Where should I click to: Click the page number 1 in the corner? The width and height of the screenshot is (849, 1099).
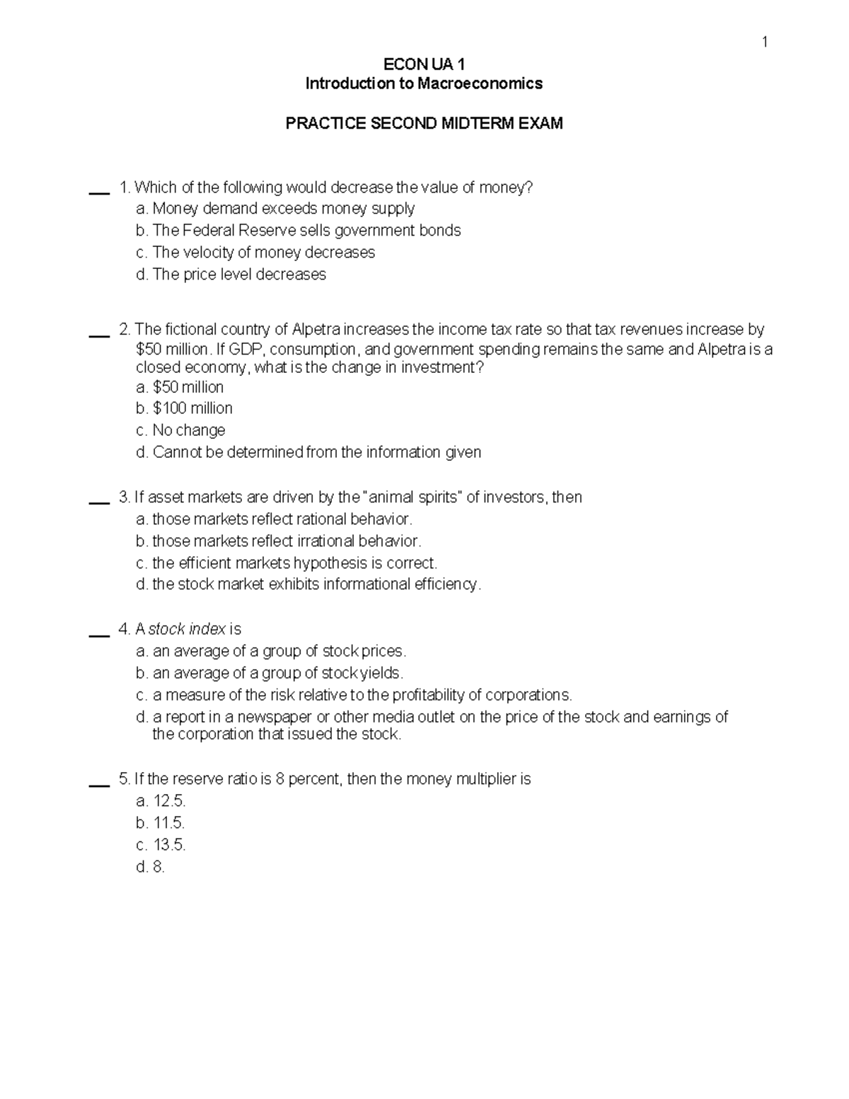click(x=764, y=43)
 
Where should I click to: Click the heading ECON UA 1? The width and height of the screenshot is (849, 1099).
click(x=424, y=65)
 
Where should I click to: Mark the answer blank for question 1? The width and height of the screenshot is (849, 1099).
click(x=98, y=192)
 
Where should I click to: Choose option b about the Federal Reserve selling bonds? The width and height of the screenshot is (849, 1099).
click(x=298, y=231)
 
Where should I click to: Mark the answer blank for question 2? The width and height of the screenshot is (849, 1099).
click(x=98, y=335)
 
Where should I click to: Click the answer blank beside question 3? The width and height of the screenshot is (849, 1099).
click(x=98, y=502)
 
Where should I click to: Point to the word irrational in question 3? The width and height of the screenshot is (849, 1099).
click(x=321, y=541)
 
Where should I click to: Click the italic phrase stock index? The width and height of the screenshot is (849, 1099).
click(x=187, y=629)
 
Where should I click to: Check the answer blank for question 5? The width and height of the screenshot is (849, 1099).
click(x=98, y=784)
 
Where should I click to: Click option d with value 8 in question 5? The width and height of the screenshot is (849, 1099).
click(x=150, y=867)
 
